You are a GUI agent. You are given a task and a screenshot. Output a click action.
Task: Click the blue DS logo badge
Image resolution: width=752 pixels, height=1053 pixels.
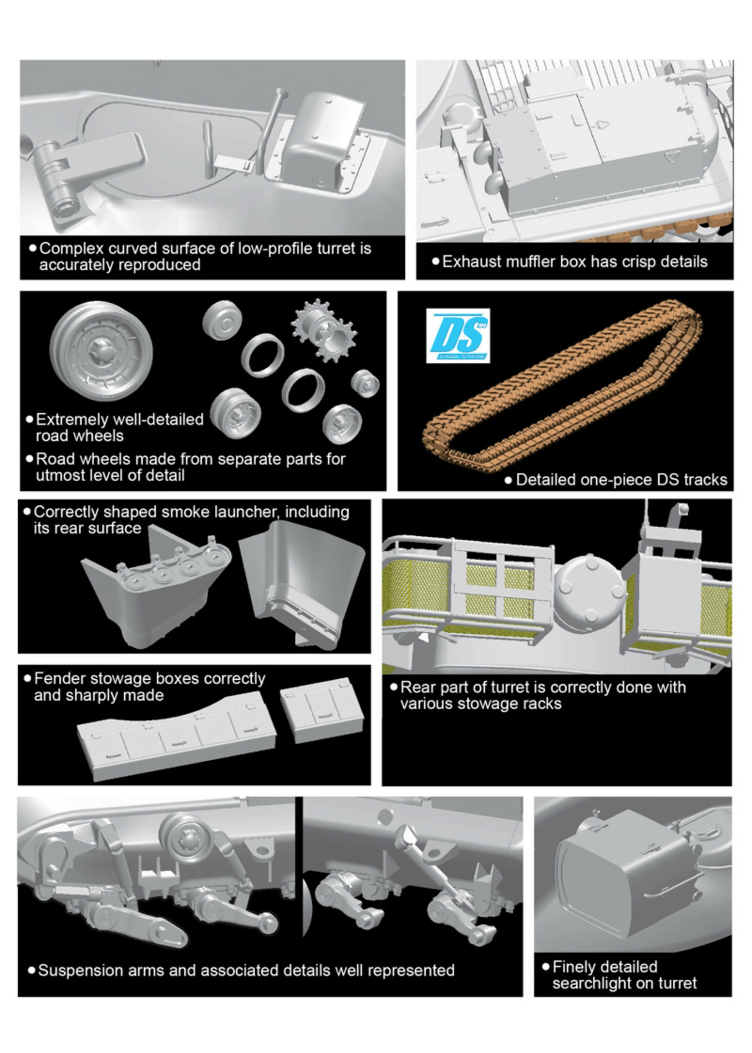point(457,335)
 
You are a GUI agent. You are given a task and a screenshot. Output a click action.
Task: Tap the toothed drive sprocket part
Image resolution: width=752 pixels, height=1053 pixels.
point(324,330)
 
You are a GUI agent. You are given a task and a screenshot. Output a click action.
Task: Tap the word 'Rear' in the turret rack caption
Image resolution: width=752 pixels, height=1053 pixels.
point(418,687)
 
